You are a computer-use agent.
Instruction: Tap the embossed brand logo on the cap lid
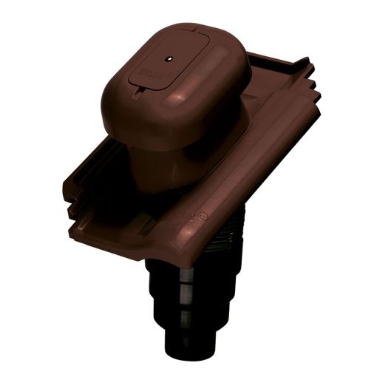[x=144, y=75]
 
